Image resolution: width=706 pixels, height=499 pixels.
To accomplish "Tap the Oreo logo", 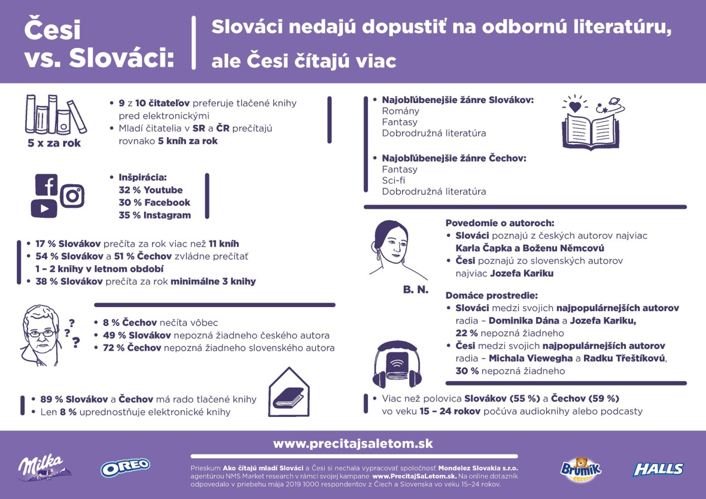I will coord(125,468).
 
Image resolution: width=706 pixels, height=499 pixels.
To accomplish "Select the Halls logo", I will coord(658,469).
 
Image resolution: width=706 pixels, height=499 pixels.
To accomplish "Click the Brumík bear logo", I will coord(581,469).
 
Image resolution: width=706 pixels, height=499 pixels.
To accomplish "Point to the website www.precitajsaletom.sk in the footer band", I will coord(353,444).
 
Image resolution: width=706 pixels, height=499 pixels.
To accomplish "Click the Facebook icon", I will coord(47,185).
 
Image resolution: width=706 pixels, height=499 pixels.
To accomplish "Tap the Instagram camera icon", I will coord(72,196).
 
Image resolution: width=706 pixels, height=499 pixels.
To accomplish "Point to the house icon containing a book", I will coord(288,393).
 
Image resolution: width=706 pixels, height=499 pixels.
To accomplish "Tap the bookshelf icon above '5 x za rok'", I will coord(55,114).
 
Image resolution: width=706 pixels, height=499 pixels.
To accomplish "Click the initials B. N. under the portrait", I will coord(415,290).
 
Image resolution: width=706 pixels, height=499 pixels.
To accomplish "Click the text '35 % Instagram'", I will coord(154,215).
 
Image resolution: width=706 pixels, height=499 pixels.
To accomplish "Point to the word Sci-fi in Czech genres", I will coord(394,180).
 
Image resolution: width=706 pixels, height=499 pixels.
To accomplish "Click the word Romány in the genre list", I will coord(400,111).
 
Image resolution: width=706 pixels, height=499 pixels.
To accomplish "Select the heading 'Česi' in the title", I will coord(52,30).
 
